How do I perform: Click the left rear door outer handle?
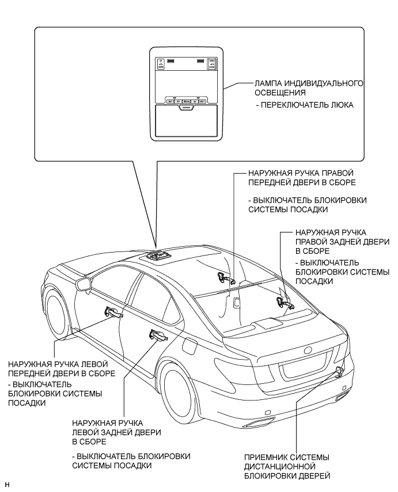[x=157, y=334]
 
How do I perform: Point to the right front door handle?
[x=223, y=279]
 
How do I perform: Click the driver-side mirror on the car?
[x=84, y=284]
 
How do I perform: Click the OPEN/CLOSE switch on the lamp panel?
[x=212, y=64]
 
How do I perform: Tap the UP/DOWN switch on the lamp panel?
[x=161, y=64]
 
